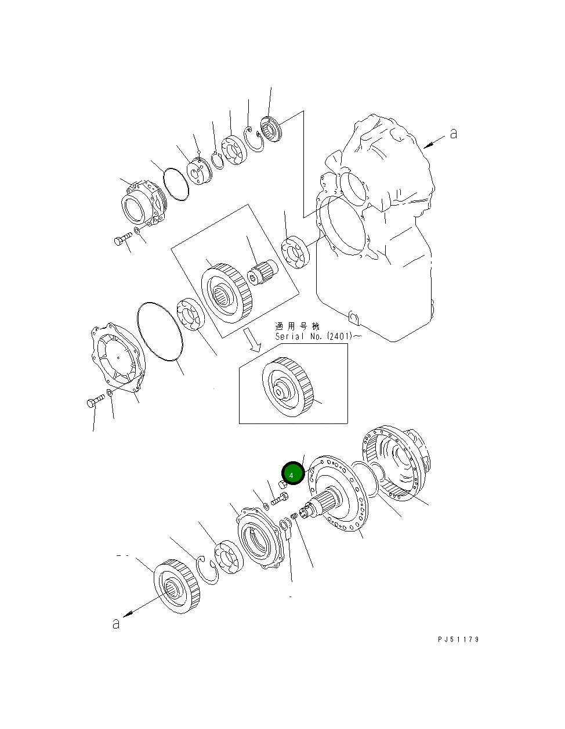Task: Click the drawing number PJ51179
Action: point(458,640)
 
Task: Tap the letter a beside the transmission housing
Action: point(454,134)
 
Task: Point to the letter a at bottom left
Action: point(116,624)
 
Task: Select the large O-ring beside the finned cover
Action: point(160,331)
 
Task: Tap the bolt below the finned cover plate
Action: point(96,401)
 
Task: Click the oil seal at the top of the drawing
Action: point(270,128)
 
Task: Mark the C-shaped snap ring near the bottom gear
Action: point(207,570)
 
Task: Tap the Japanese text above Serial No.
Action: point(297,326)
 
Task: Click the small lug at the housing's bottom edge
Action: point(354,317)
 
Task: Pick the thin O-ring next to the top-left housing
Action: point(176,184)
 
